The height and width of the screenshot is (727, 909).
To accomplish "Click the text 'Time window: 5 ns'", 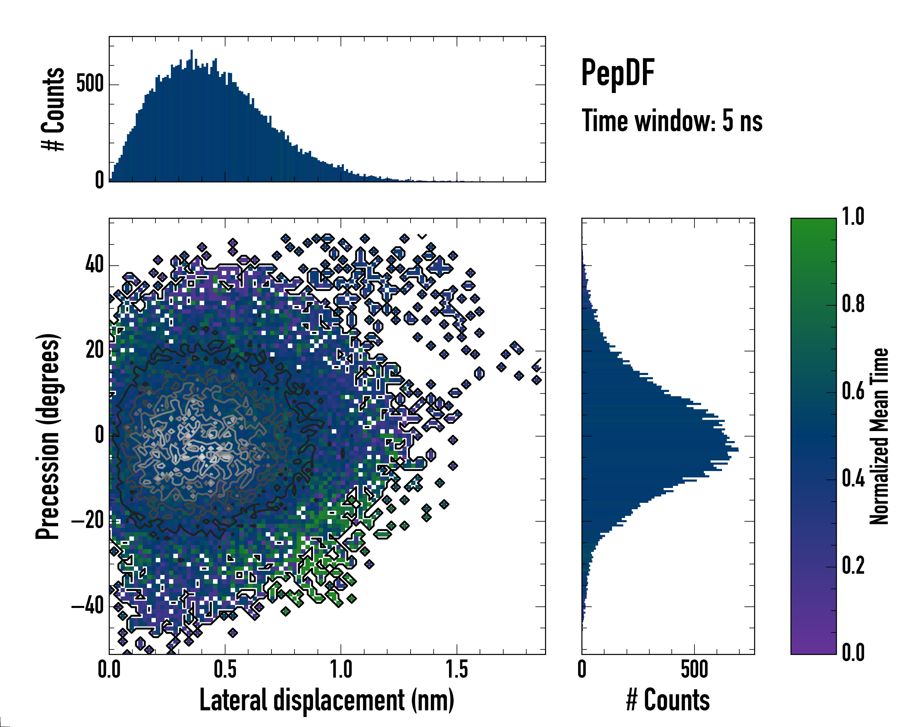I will tap(672, 121).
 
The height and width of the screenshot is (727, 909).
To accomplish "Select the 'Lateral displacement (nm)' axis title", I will tap(327, 700).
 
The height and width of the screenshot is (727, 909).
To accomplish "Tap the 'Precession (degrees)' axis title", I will tap(48, 436).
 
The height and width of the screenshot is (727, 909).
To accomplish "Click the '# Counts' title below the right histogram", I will tap(668, 700).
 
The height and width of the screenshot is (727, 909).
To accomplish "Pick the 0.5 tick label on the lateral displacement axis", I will tap(225, 669).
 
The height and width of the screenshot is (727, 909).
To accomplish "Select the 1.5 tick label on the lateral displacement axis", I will tap(457, 669).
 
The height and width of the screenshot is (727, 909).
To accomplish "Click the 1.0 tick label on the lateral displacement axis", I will tap(341, 669).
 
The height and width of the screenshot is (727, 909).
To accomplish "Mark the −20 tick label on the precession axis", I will tap(88, 521).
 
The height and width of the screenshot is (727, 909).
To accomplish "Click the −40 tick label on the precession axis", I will tap(88, 606).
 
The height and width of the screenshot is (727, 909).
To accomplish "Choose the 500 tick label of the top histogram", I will tap(90, 84).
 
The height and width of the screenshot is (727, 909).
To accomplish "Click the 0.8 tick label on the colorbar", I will tap(853, 304).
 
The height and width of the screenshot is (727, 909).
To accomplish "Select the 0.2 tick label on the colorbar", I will tap(853, 566).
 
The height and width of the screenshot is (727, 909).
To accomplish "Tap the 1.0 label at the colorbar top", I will tap(853, 217).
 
